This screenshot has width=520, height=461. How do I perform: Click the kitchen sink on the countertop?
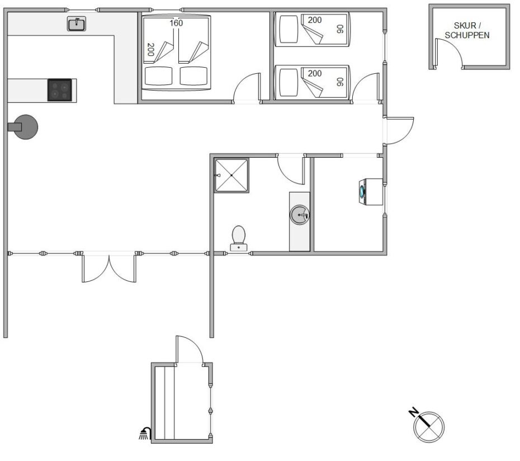(x=77, y=24)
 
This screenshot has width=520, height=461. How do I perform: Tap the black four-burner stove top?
(x=60, y=90)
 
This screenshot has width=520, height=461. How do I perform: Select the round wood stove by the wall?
(x=24, y=127)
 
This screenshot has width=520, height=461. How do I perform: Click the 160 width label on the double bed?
(x=176, y=23)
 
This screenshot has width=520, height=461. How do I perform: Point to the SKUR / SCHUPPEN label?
(x=467, y=30)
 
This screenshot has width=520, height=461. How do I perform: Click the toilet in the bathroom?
(x=238, y=238)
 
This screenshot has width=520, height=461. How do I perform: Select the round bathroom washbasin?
(x=300, y=215)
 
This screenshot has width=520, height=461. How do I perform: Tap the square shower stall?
(x=231, y=175)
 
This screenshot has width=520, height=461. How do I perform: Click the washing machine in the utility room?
(x=371, y=192)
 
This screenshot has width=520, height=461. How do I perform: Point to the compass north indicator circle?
(x=429, y=427)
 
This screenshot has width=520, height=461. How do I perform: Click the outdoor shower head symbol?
(x=145, y=434)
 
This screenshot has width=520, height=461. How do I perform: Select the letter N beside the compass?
(x=413, y=412)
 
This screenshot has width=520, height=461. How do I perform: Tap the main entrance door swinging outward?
(x=399, y=131)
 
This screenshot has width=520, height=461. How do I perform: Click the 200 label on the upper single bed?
(x=315, y=20)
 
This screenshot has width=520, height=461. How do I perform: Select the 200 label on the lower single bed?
(x=315, y=73)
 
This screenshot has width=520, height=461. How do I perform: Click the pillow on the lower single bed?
(x=289, y=82)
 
